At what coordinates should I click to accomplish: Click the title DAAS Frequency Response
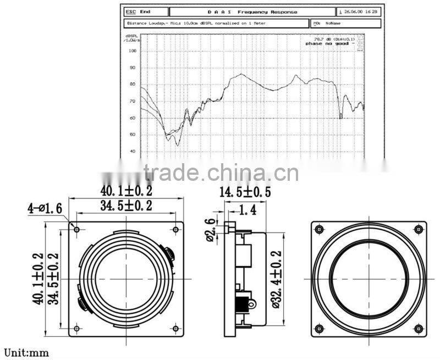[x=252, y=12]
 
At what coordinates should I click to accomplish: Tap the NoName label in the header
[x=333, y=24]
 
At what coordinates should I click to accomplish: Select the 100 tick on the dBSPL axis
[x=133, y=51]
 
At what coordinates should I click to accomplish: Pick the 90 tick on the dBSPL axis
[x=133, y=68]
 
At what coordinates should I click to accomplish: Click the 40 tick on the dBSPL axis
[x=133, y=151]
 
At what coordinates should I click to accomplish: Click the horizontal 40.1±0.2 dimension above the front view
[x=126, y=191]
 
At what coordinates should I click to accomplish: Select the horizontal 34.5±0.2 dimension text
[x=126, y=206]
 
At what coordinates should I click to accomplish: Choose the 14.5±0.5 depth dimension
[x=245, y=193]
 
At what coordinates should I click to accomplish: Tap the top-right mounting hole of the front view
[x=176, y=229]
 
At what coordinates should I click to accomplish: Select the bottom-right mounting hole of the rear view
[x=419, y=329]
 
